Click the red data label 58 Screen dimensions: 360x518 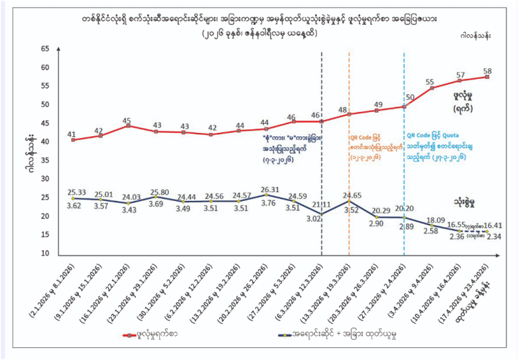487,71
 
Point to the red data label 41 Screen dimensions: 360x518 72,134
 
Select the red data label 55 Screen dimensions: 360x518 430,82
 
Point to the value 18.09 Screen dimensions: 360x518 434,220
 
